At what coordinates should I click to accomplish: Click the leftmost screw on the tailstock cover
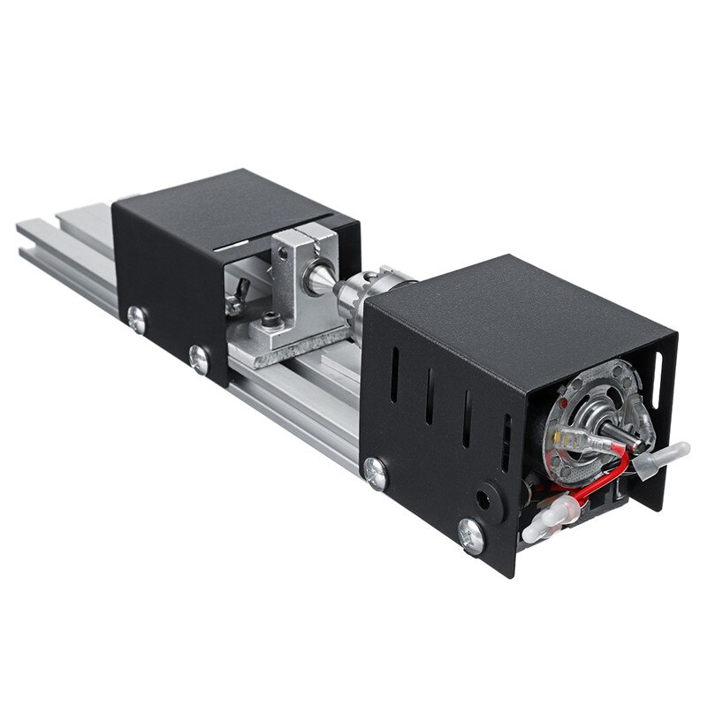135,318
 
